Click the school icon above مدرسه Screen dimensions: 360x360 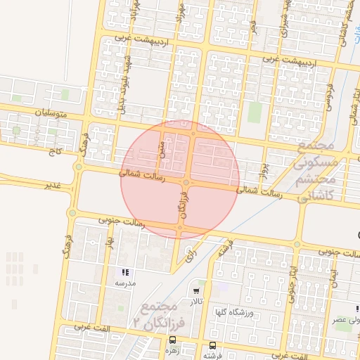pos(125,272)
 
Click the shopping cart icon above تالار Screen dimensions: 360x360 pos(196,290)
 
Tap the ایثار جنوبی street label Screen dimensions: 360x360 pos(290,278)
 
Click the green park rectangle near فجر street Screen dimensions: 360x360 pos(255,112)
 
